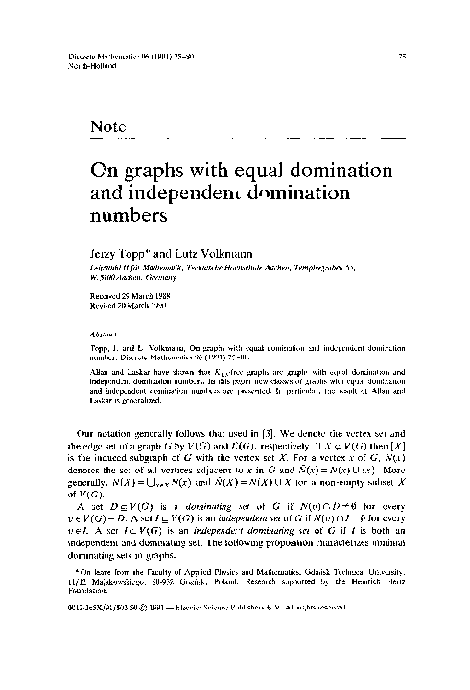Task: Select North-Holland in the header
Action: (x=89, y=67)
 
